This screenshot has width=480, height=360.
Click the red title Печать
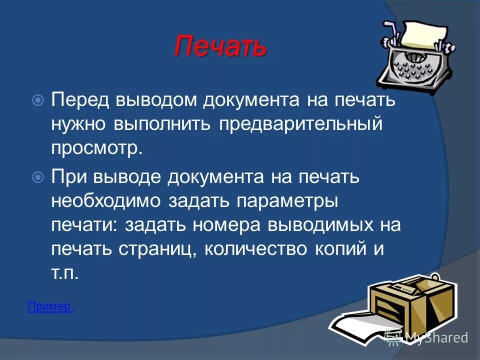point(220,47)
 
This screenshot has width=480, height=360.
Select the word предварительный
point(300,123)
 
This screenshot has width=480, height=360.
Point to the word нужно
point(80,124)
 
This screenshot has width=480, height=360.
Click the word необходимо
point(106,201)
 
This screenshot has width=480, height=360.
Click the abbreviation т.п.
point(65,274)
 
